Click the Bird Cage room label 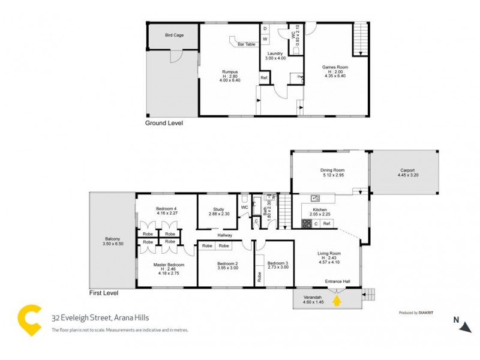(174, 35)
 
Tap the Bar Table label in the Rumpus (247, 44)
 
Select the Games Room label (335, 67)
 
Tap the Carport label (407, 170)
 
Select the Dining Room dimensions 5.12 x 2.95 (332, 176)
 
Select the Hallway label (225, 235)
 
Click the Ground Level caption (164, 123)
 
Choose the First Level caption (103, 293)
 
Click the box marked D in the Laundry (265, 28)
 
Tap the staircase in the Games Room (360, 40)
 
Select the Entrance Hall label (337, 281)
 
